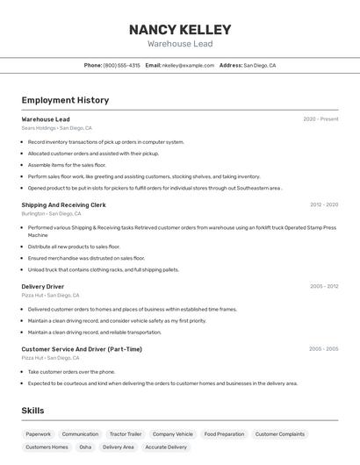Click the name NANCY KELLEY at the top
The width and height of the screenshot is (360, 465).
click(x=180, y=29)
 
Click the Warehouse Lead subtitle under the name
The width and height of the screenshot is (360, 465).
click(x=180, y=43)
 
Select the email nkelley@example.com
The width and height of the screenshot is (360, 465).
click(x=188, y=65)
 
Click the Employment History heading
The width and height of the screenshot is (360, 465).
click(x=65, y=100)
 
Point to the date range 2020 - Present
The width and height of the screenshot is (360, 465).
click(x=320, y=119)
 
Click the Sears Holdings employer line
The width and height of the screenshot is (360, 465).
click(x=56, y=128)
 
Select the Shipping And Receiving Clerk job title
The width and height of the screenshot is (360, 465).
click(x=63, y=204)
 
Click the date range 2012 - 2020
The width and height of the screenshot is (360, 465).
click(x=323, y=204)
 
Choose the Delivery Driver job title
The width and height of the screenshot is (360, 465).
click(x=42, y=286)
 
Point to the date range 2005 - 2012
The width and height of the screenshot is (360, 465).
click(x=323, y=286)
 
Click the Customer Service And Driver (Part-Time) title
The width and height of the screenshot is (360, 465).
click(x=82, y=349)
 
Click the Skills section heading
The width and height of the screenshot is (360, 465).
click(x=32, y=411)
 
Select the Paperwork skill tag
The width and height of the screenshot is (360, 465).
click(x=38, y=434)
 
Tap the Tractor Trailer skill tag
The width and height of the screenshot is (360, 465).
click(x=125, y=434)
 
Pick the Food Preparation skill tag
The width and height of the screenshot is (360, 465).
click(x=224, y=434)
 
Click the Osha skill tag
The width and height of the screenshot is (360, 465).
click(x=85, y=447)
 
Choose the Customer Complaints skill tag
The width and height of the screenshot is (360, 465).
click(x=279, y=434)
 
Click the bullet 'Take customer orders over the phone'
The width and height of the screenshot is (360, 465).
click(x=71, y=371)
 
